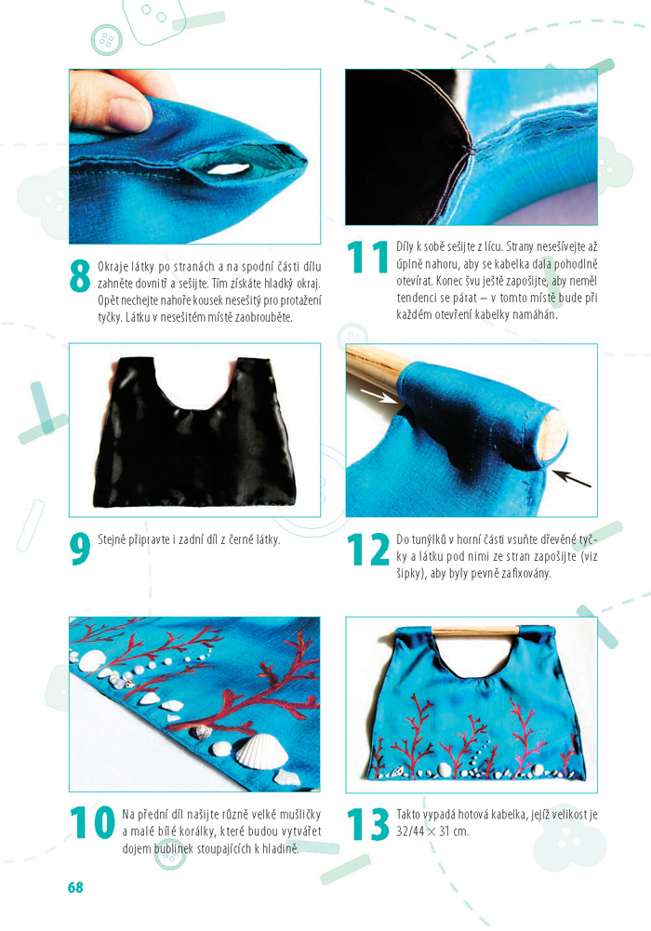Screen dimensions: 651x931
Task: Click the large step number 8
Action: [x=80, y=276]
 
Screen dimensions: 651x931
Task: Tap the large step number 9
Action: [x=80, y=550]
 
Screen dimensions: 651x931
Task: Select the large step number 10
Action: [x=92, y=822]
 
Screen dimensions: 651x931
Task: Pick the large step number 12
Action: [x=368, y=550]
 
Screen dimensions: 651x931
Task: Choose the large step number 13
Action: [x=368, y=824]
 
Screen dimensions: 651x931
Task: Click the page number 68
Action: [x=75, y=887]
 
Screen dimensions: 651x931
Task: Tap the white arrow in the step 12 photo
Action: [x=378, y=396]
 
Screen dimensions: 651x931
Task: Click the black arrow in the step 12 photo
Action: [x=571, y=479]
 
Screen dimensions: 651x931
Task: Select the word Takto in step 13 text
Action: [x=409, y=815]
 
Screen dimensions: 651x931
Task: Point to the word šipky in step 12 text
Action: [x=410, y=575]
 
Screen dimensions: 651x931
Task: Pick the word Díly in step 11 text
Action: [x=405, y=246]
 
